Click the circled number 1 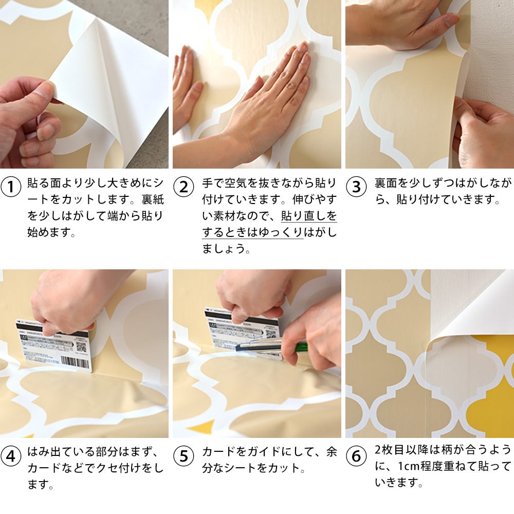tap(11, 187)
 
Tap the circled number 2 tap(183, 187)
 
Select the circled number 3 tap(356, 187)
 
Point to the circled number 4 tap(11, 456)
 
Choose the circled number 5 tap(183, 456)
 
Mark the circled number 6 tap(356, 456)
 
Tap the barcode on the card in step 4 tap(75, 362)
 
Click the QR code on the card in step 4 tap(81, 347)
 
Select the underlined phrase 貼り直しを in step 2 tap(309, 216)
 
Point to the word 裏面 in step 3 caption tap(385, 183)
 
